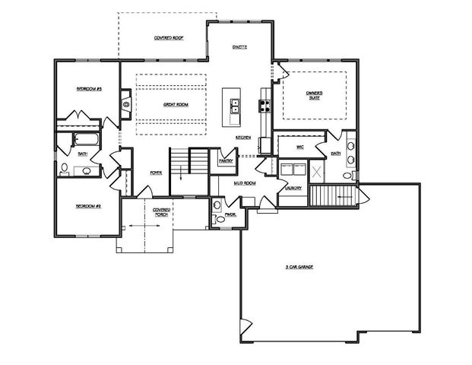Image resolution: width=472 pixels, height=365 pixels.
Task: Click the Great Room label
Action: (x=175, y=104)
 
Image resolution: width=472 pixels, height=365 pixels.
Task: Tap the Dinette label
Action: (x=239, y=46)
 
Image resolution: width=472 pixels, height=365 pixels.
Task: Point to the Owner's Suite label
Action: (x=315, y=95)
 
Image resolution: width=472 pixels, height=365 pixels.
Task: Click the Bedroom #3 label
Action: (x=88, y=89)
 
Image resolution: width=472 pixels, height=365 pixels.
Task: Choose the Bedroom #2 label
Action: (x=88, y=206)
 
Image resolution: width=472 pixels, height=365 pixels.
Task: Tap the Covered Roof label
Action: (x=167, y=37)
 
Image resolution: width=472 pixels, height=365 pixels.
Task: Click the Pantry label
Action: (x=225, y=160)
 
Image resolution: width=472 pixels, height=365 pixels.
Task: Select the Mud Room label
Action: (x=244, y=183)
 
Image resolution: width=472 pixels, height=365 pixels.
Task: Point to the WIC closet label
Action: (x=299, y=148)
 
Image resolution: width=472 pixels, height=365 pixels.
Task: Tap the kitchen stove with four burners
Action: (x=265, y=106)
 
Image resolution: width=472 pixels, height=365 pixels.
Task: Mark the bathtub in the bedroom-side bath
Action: (x=84, y=139)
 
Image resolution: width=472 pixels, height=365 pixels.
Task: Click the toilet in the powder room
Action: (x=217, y=205)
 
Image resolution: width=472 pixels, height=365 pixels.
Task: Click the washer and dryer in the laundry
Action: (x=292, y=169)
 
